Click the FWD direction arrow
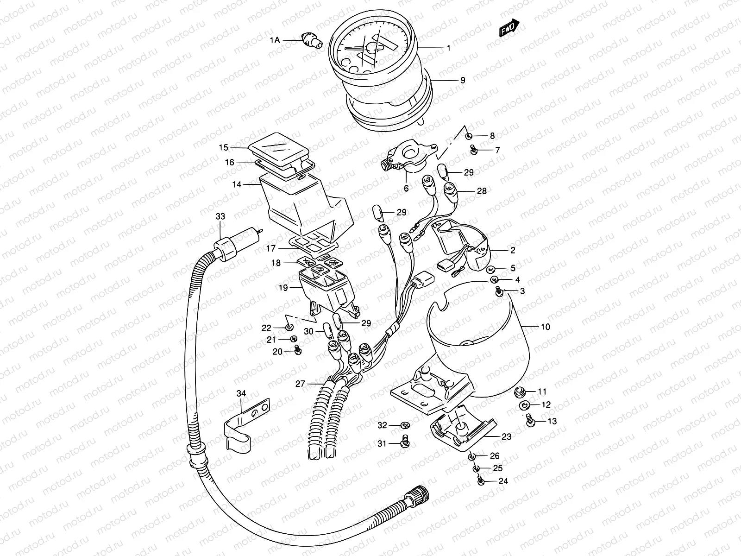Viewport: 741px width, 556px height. tap(509, 29)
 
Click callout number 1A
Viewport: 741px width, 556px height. tap(275, 40)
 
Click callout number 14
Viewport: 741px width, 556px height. tap(237, 184)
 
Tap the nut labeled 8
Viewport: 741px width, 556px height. tap(469, 136)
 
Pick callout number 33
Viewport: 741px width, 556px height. tap(220, 216)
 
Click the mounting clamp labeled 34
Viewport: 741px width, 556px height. tap(245, 424)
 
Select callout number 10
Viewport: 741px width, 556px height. tap(545, 327)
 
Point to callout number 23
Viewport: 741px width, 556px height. tap(506, 436)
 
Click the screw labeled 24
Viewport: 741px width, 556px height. tap(480, 482)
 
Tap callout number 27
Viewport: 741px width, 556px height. tap(301, 384)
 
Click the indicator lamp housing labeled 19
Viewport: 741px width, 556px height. tap(327, 290)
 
